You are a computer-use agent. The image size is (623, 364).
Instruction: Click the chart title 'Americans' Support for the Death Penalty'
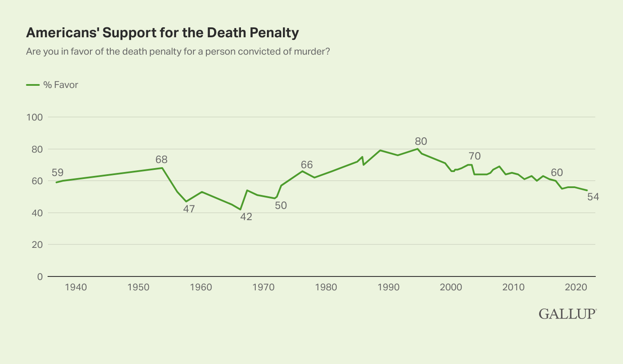pyautogui.click(x=163, y=33)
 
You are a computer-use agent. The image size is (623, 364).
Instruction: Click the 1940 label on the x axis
pyautogui.click(x=76, y=287)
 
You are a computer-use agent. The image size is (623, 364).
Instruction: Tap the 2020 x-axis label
pyautogui.click(x=576, y=287)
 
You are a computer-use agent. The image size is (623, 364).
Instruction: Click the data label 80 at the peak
pyautogui.click(x=421, y=141)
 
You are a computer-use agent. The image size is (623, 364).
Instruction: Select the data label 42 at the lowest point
pyautogui.click(x=246, y=217)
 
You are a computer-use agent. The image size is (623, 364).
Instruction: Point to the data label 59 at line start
pyautogui.click(x=57, y=172)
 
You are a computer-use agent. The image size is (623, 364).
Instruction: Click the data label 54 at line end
pyautogui.click(x=593, y=197)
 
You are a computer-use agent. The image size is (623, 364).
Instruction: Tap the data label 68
pyautogui.click(x=161, y=159)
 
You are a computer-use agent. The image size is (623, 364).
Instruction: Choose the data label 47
pyautogui.click(x=189, y=209)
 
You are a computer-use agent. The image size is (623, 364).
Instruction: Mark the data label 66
pyautogui.click(x=306, y=165)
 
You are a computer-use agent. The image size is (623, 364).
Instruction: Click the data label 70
pyautogui.click(x=475, y=156)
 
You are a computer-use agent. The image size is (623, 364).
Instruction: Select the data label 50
pyautogui.click(x=281, y=205)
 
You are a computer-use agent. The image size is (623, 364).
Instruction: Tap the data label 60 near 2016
pyautogui.click(x=557, y=172)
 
